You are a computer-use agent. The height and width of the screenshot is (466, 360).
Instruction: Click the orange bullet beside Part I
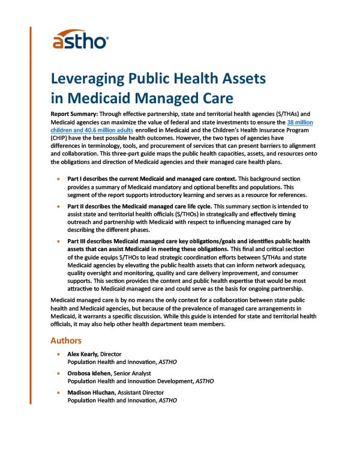[58, 179]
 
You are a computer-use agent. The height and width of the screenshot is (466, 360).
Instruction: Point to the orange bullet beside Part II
[58, 205]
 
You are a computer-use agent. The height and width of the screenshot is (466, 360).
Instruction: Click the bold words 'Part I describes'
[92, 179]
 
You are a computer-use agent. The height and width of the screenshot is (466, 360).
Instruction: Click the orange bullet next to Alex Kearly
[58, 354]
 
